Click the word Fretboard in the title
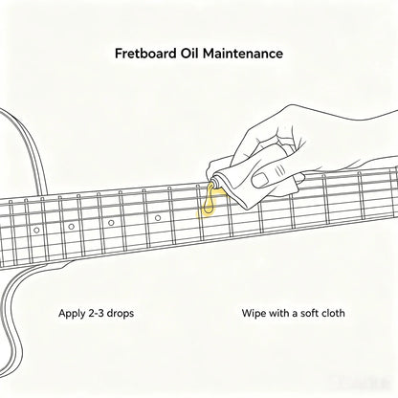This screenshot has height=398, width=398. [x=145, y=53]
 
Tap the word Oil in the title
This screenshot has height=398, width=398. [x=189, y=53]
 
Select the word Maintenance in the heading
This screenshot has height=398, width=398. [x=243, y=53]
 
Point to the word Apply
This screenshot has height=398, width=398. [x=71, y=314]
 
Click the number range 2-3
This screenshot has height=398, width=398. [x=96, y=313]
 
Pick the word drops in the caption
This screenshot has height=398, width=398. [x=121, y=314]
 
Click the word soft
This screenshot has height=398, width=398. [x=311, y=313]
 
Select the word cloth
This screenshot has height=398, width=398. [x=334, y=313]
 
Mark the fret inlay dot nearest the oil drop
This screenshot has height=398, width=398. [x=158, y=218]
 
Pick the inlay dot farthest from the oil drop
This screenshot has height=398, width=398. [x=36, y=230]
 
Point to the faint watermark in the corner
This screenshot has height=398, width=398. [x=361, y=381]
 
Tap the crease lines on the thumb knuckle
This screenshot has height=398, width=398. [x=280, y=170]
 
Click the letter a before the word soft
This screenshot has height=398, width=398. [x=295, y=314]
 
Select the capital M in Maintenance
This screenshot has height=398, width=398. [x=209, y=53]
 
